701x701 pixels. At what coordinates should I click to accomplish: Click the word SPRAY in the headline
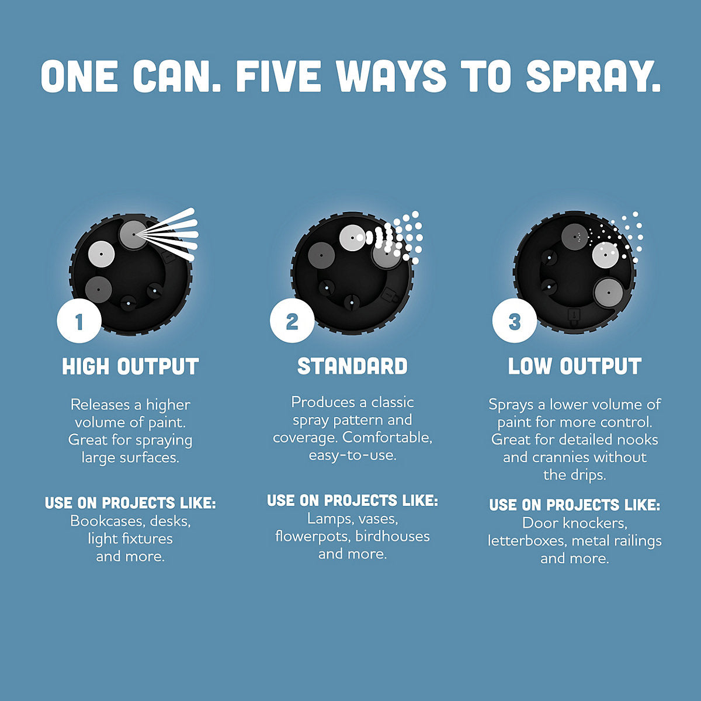point(592,76)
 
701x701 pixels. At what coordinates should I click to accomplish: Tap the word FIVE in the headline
point(279,76)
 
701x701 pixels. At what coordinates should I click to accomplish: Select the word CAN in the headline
point(176,76)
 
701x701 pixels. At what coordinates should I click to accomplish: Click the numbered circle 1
point(79,321)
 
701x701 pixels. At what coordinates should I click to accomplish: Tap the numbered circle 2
point(292,321)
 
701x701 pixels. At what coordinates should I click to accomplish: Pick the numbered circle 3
point(515,321)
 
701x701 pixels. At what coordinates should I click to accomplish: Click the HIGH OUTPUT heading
point(130,366)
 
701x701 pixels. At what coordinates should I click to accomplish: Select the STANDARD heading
point(352,366)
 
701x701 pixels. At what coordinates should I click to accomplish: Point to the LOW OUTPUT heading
point(575,366)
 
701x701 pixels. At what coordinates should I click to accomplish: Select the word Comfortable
point(387,438)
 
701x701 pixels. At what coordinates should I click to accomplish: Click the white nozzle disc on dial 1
point(101,254)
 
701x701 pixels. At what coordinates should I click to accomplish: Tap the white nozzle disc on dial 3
point(605,255)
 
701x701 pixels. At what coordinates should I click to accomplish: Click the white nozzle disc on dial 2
point(352,238)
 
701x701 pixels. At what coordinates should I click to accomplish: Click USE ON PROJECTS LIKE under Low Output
point(575,505)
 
